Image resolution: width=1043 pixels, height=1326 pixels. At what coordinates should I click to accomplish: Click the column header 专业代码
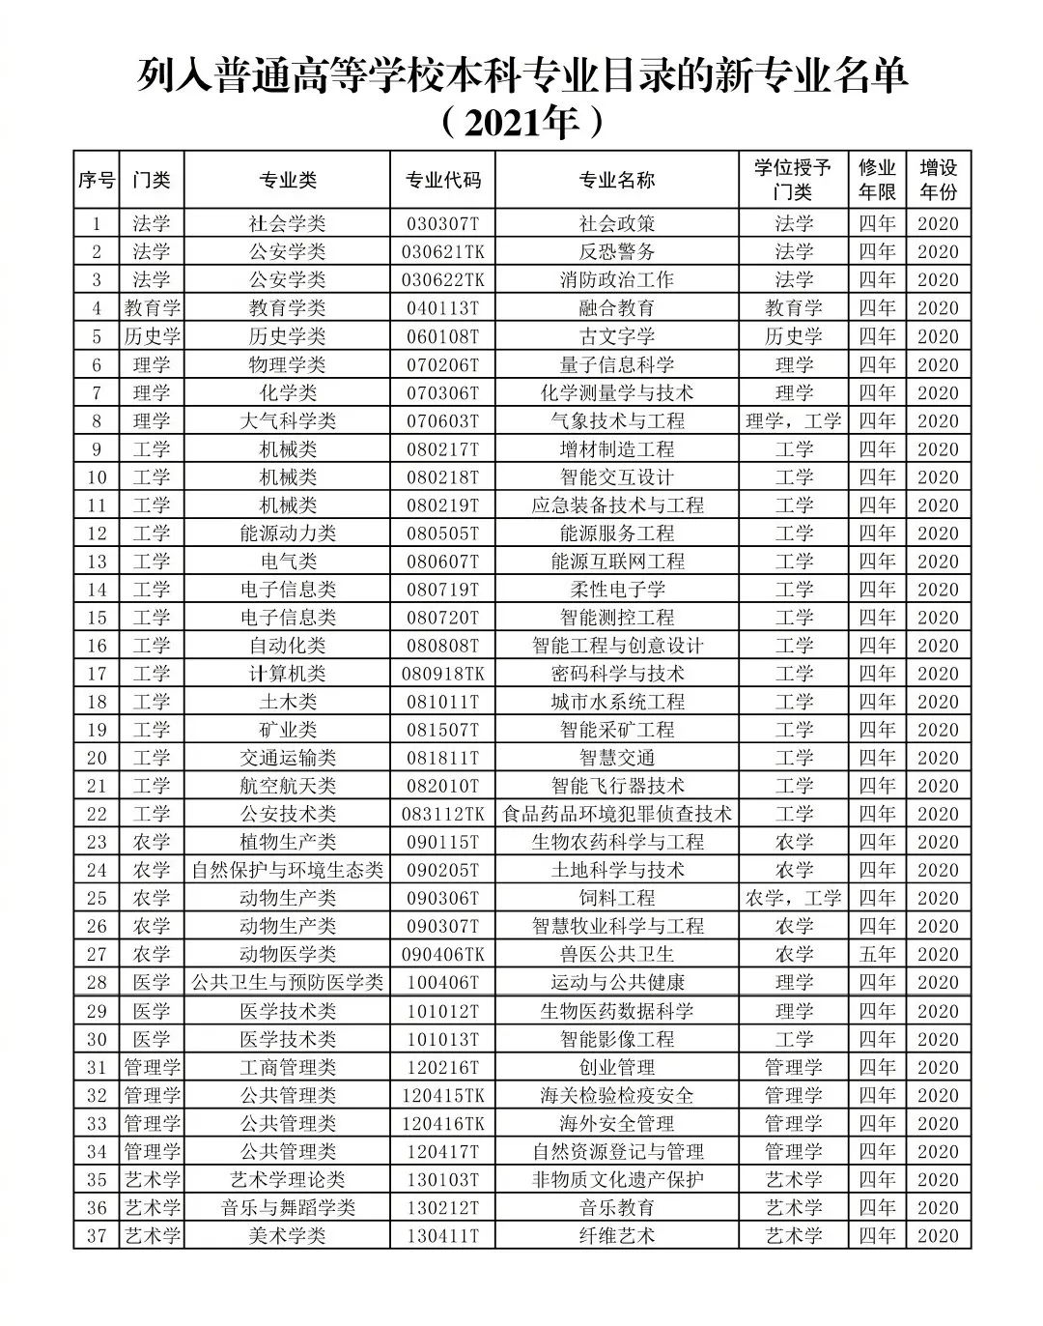click(442, 181)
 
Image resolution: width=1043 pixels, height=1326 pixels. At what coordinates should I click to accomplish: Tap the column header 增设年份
click(938, 180)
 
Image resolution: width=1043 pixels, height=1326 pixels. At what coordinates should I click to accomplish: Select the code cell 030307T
click(442, 224)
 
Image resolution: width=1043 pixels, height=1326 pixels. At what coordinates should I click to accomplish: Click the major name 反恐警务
click(617, 252)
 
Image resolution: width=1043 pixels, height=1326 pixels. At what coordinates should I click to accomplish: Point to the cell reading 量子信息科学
click(617, 365)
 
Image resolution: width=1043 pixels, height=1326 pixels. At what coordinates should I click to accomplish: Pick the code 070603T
click(442, 421)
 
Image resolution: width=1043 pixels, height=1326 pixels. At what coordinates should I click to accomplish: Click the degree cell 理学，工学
click(794, 421)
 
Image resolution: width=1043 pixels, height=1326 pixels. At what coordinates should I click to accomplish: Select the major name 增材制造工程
click(617, 449)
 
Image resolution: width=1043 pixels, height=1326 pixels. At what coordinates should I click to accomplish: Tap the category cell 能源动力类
click(287, 533)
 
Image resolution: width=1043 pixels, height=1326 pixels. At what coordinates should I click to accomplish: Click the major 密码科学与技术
click(617, 674)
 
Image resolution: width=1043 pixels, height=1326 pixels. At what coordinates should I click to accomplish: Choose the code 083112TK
click(442, 815)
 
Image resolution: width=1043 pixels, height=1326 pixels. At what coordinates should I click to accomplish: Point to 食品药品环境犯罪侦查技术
click(617, 815)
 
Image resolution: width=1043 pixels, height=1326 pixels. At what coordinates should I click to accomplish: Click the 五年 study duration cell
click(878, 955)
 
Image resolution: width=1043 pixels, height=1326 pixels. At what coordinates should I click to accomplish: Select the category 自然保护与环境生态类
click(287, 871)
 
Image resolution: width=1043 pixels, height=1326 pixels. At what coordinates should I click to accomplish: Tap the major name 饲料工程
click(617, 899)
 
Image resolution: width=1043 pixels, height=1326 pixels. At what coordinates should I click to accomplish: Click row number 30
click(97, 1040)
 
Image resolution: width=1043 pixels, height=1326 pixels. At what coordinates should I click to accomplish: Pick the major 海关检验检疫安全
click(617, 1096)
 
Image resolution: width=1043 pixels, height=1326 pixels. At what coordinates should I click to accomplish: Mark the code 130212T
click(442, 1208)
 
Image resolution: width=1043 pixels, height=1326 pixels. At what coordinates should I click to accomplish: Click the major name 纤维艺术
click(617, 1236)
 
